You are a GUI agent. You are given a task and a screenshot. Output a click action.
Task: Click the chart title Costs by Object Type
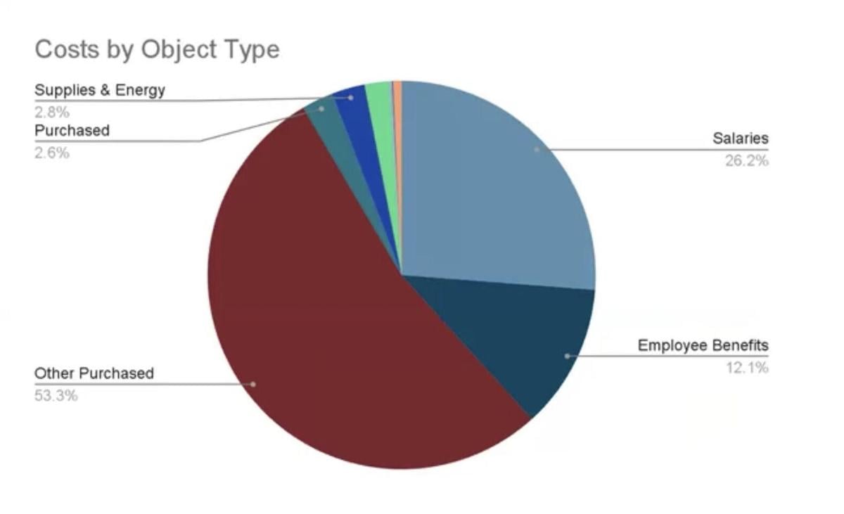point(157,49)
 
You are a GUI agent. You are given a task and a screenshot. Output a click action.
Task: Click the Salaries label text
point(741,139)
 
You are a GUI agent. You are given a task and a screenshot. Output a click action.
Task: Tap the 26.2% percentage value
point(747,161)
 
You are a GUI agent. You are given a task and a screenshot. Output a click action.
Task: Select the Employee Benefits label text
point(703,345)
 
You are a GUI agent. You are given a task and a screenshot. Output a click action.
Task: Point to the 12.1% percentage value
point(747,368)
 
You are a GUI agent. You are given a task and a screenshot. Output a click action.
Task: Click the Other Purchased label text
point(94,373)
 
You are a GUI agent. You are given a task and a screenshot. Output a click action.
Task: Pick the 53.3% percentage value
point(56,396)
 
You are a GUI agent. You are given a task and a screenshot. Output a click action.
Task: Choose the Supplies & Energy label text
point(100,91)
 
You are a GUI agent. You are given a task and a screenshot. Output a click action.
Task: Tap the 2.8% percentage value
point(52,113)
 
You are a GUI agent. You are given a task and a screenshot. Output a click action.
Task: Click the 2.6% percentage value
point(52,153)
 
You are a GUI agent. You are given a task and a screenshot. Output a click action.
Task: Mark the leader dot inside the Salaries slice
point(537,150)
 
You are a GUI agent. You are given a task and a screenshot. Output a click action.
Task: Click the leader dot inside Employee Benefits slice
point(567,356)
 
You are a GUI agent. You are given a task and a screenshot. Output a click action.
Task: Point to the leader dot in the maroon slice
point(253,384)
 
